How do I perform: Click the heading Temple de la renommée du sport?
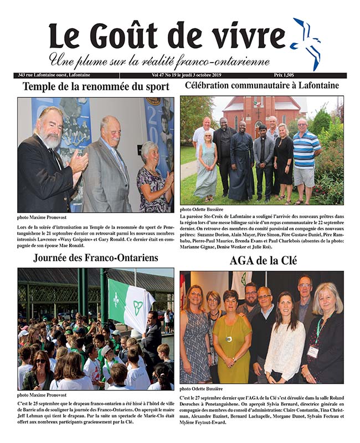[x=96, y=86]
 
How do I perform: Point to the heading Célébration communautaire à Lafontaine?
[x=262, y=86]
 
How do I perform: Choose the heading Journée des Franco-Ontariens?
[x=96, y=257]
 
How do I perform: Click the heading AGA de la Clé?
[x=262, y=260]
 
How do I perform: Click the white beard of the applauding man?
[x=52, y=140]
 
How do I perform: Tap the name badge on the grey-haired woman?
[x=313, y=351]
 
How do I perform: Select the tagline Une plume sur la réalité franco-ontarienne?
[x=160, y=60]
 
